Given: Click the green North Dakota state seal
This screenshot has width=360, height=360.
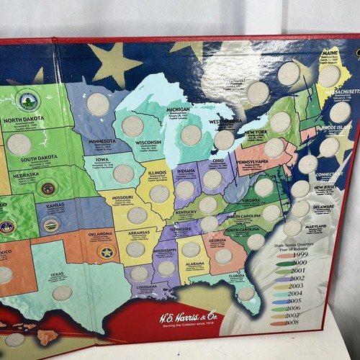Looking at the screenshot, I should [28, 100].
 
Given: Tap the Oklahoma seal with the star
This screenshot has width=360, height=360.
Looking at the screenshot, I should [107, 253].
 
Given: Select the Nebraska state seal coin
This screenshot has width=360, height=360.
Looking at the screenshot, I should [48, 189].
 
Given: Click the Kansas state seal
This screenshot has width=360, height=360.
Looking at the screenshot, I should [50, 225].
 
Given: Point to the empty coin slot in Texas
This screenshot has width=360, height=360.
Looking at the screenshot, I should [63, 294].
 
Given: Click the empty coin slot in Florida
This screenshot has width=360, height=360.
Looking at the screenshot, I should [246, 294].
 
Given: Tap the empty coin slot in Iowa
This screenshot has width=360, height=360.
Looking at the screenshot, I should [123, 174].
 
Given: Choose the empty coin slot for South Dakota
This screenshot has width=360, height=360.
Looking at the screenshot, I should [19, 144].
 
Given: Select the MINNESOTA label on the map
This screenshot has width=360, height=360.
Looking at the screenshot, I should [102, 141].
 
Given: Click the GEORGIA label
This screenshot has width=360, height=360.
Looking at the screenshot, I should [217, 240].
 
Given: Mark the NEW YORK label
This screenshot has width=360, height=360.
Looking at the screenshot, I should [256, 132].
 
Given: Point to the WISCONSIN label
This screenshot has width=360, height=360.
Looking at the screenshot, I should [149, 143].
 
